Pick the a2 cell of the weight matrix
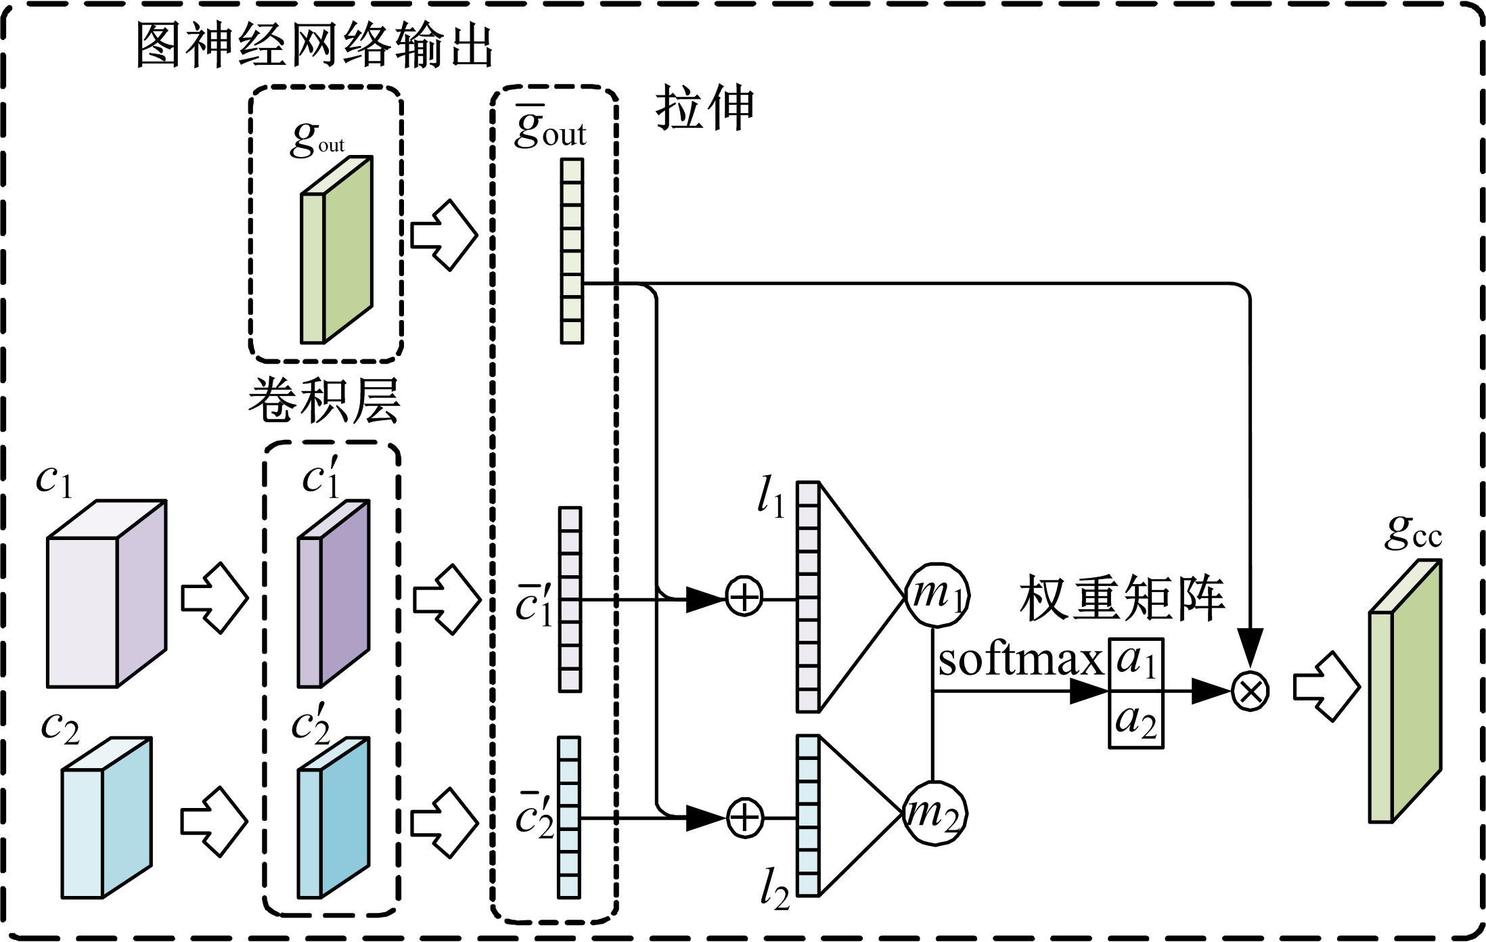1135,720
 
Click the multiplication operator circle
1250,691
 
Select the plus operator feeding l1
744,598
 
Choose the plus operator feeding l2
744,817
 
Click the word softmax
1020,660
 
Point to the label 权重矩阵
1121,598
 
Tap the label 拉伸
704,108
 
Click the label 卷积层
323,401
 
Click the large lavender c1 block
106,594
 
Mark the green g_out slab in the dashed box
336,251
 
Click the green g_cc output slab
1405,691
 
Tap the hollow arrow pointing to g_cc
1326,686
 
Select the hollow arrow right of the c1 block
215,598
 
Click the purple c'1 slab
334,593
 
